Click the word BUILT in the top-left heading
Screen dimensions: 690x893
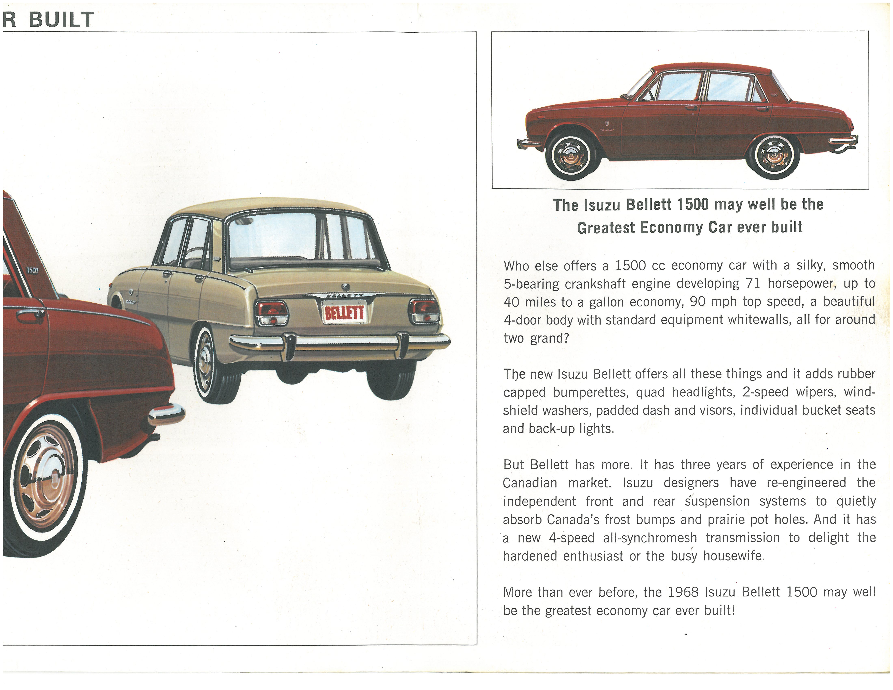pos(61,20)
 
